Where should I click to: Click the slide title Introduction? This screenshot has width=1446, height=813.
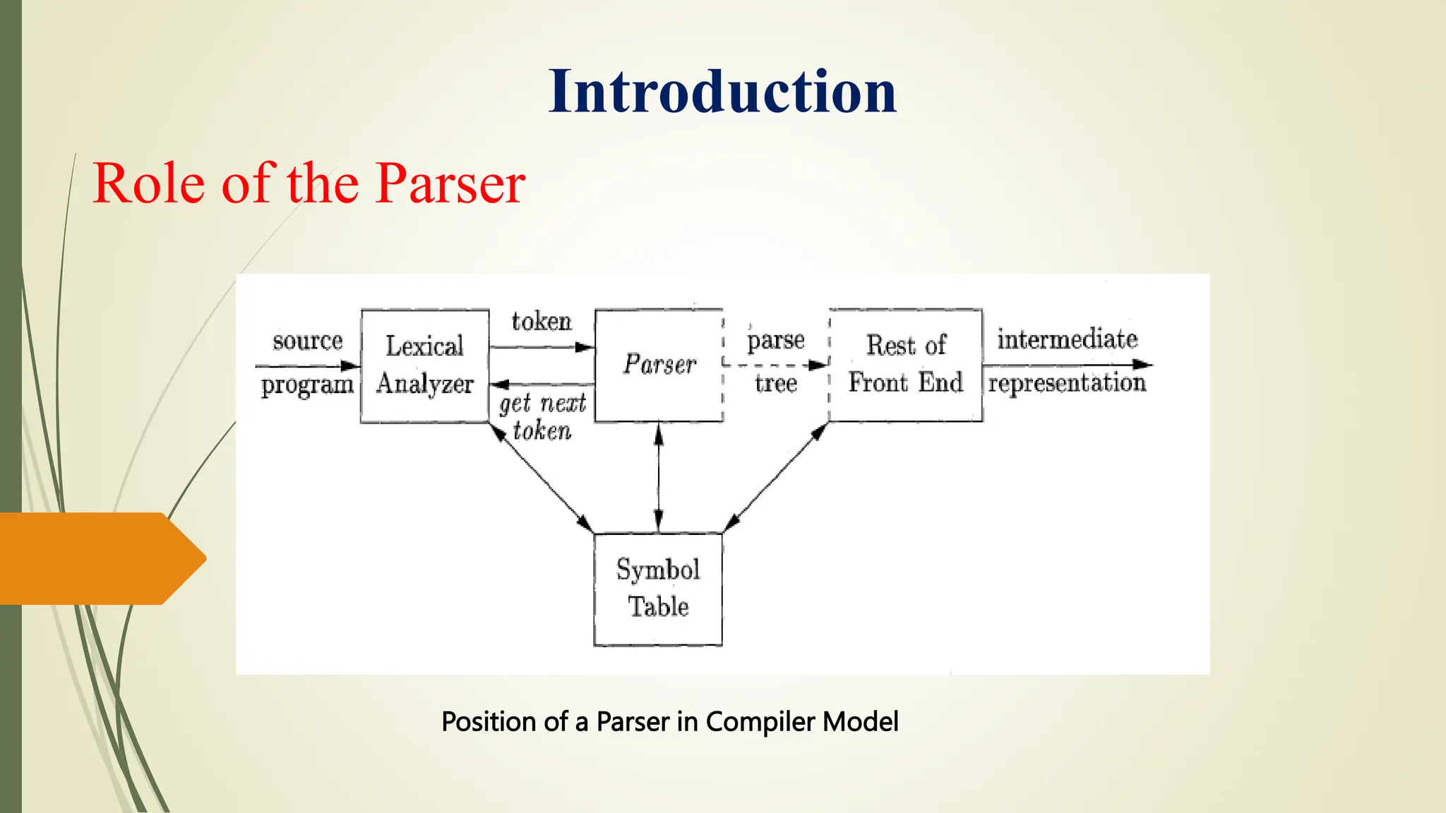pyautogui.click(x=722, y=92)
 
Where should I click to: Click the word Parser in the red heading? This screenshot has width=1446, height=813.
pyautogui.click(x=450, y=183)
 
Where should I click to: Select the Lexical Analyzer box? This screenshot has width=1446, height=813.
pyautogui.click(x=424, y=366)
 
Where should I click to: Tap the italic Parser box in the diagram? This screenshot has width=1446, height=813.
pyautogui.click(x=659, y=365)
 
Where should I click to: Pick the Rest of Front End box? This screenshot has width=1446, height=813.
pyautogui.click(x=905, y=365)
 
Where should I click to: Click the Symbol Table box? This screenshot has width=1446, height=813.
pyautogui.click(x=658, y=589)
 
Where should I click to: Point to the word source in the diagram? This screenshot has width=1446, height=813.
pyautogui.click(x=307, y=341)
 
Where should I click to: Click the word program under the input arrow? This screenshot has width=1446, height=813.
pyautogui.click(x=307, y=385)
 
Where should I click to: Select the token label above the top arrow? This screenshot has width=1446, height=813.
pyautogui.click(x=541, y=322)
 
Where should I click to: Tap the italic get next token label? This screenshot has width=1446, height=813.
pyautogui.click(x=542, y=416)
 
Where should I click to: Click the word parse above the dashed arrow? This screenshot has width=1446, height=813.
pyautogui.click(x=775, y=341)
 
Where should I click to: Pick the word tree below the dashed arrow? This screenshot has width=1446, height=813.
pyautogui.click(x=775, y=383)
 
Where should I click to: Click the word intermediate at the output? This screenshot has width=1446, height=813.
pyautogui.click(x=1067, y=339)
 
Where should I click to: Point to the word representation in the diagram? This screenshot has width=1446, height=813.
pyautogui.click(x=1067, y=383)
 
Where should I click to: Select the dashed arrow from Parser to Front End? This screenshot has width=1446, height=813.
pyautogui.click(x=775, y=365)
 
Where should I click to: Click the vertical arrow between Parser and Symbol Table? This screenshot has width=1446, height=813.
pyautogui.click(x=659, y=477)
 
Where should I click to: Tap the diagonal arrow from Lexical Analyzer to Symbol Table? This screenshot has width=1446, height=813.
pyautogui.click(x=542, y=477)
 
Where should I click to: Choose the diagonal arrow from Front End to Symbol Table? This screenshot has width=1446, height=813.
pyautogui.click(x=775, y=477)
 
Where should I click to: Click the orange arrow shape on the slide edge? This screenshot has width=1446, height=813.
pyautogui.click(x=99, y=558)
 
